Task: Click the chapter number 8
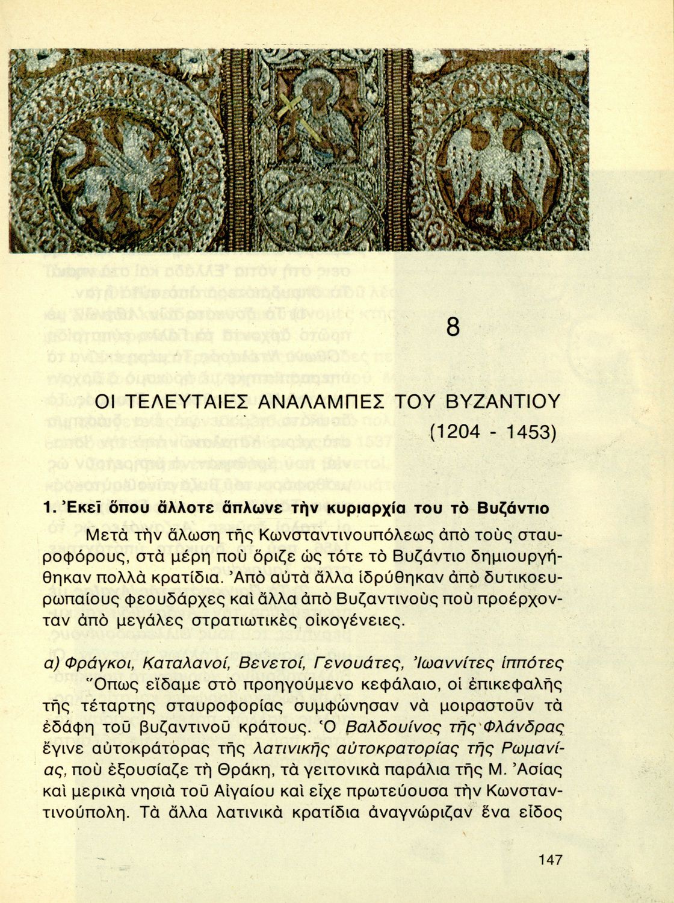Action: (x=453, y=326)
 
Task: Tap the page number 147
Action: (x=550, y=859)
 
